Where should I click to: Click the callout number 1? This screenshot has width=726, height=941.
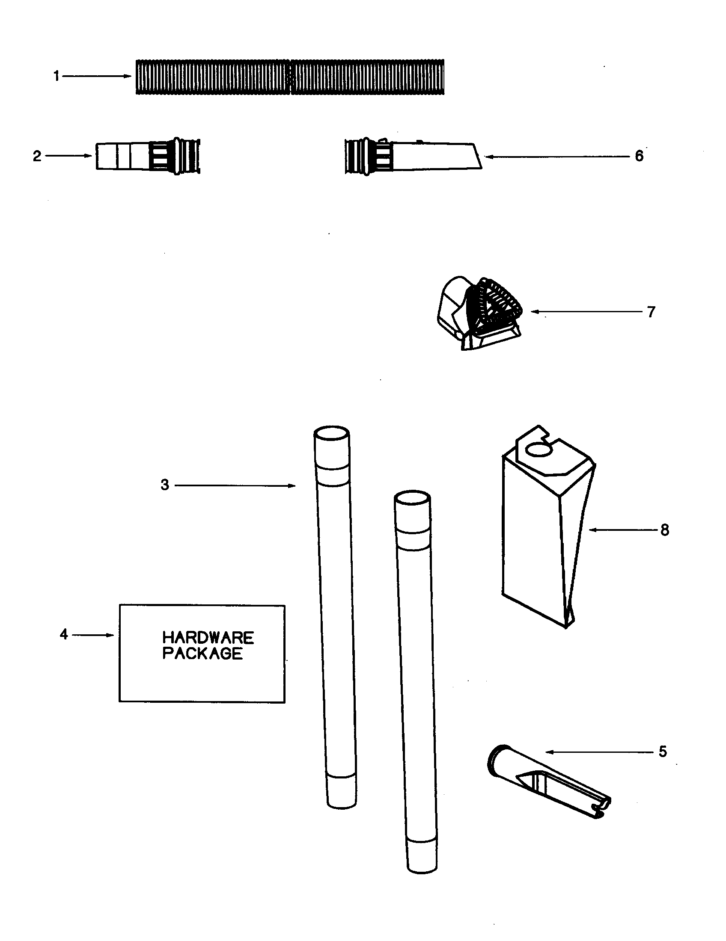(x=56, y=77)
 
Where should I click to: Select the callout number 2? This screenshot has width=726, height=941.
(x=37, y=156)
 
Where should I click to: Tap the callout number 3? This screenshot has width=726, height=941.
(x=165, y=485)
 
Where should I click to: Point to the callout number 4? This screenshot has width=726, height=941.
(x=64, y=634)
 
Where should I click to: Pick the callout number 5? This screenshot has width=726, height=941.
(x=663, y=752)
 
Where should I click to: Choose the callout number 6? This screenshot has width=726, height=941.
(x=639, y=156)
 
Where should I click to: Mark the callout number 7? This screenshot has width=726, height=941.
(x=651, y=311)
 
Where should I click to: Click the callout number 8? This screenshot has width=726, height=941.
(x=664, y=530)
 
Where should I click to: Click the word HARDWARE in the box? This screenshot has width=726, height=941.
(x=208, y=638)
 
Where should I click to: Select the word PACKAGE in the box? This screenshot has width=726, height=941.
(x=202, y=654)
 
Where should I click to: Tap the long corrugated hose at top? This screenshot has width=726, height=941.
(x=290, y=77)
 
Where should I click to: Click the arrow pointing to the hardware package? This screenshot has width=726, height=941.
(x=93, y=635)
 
